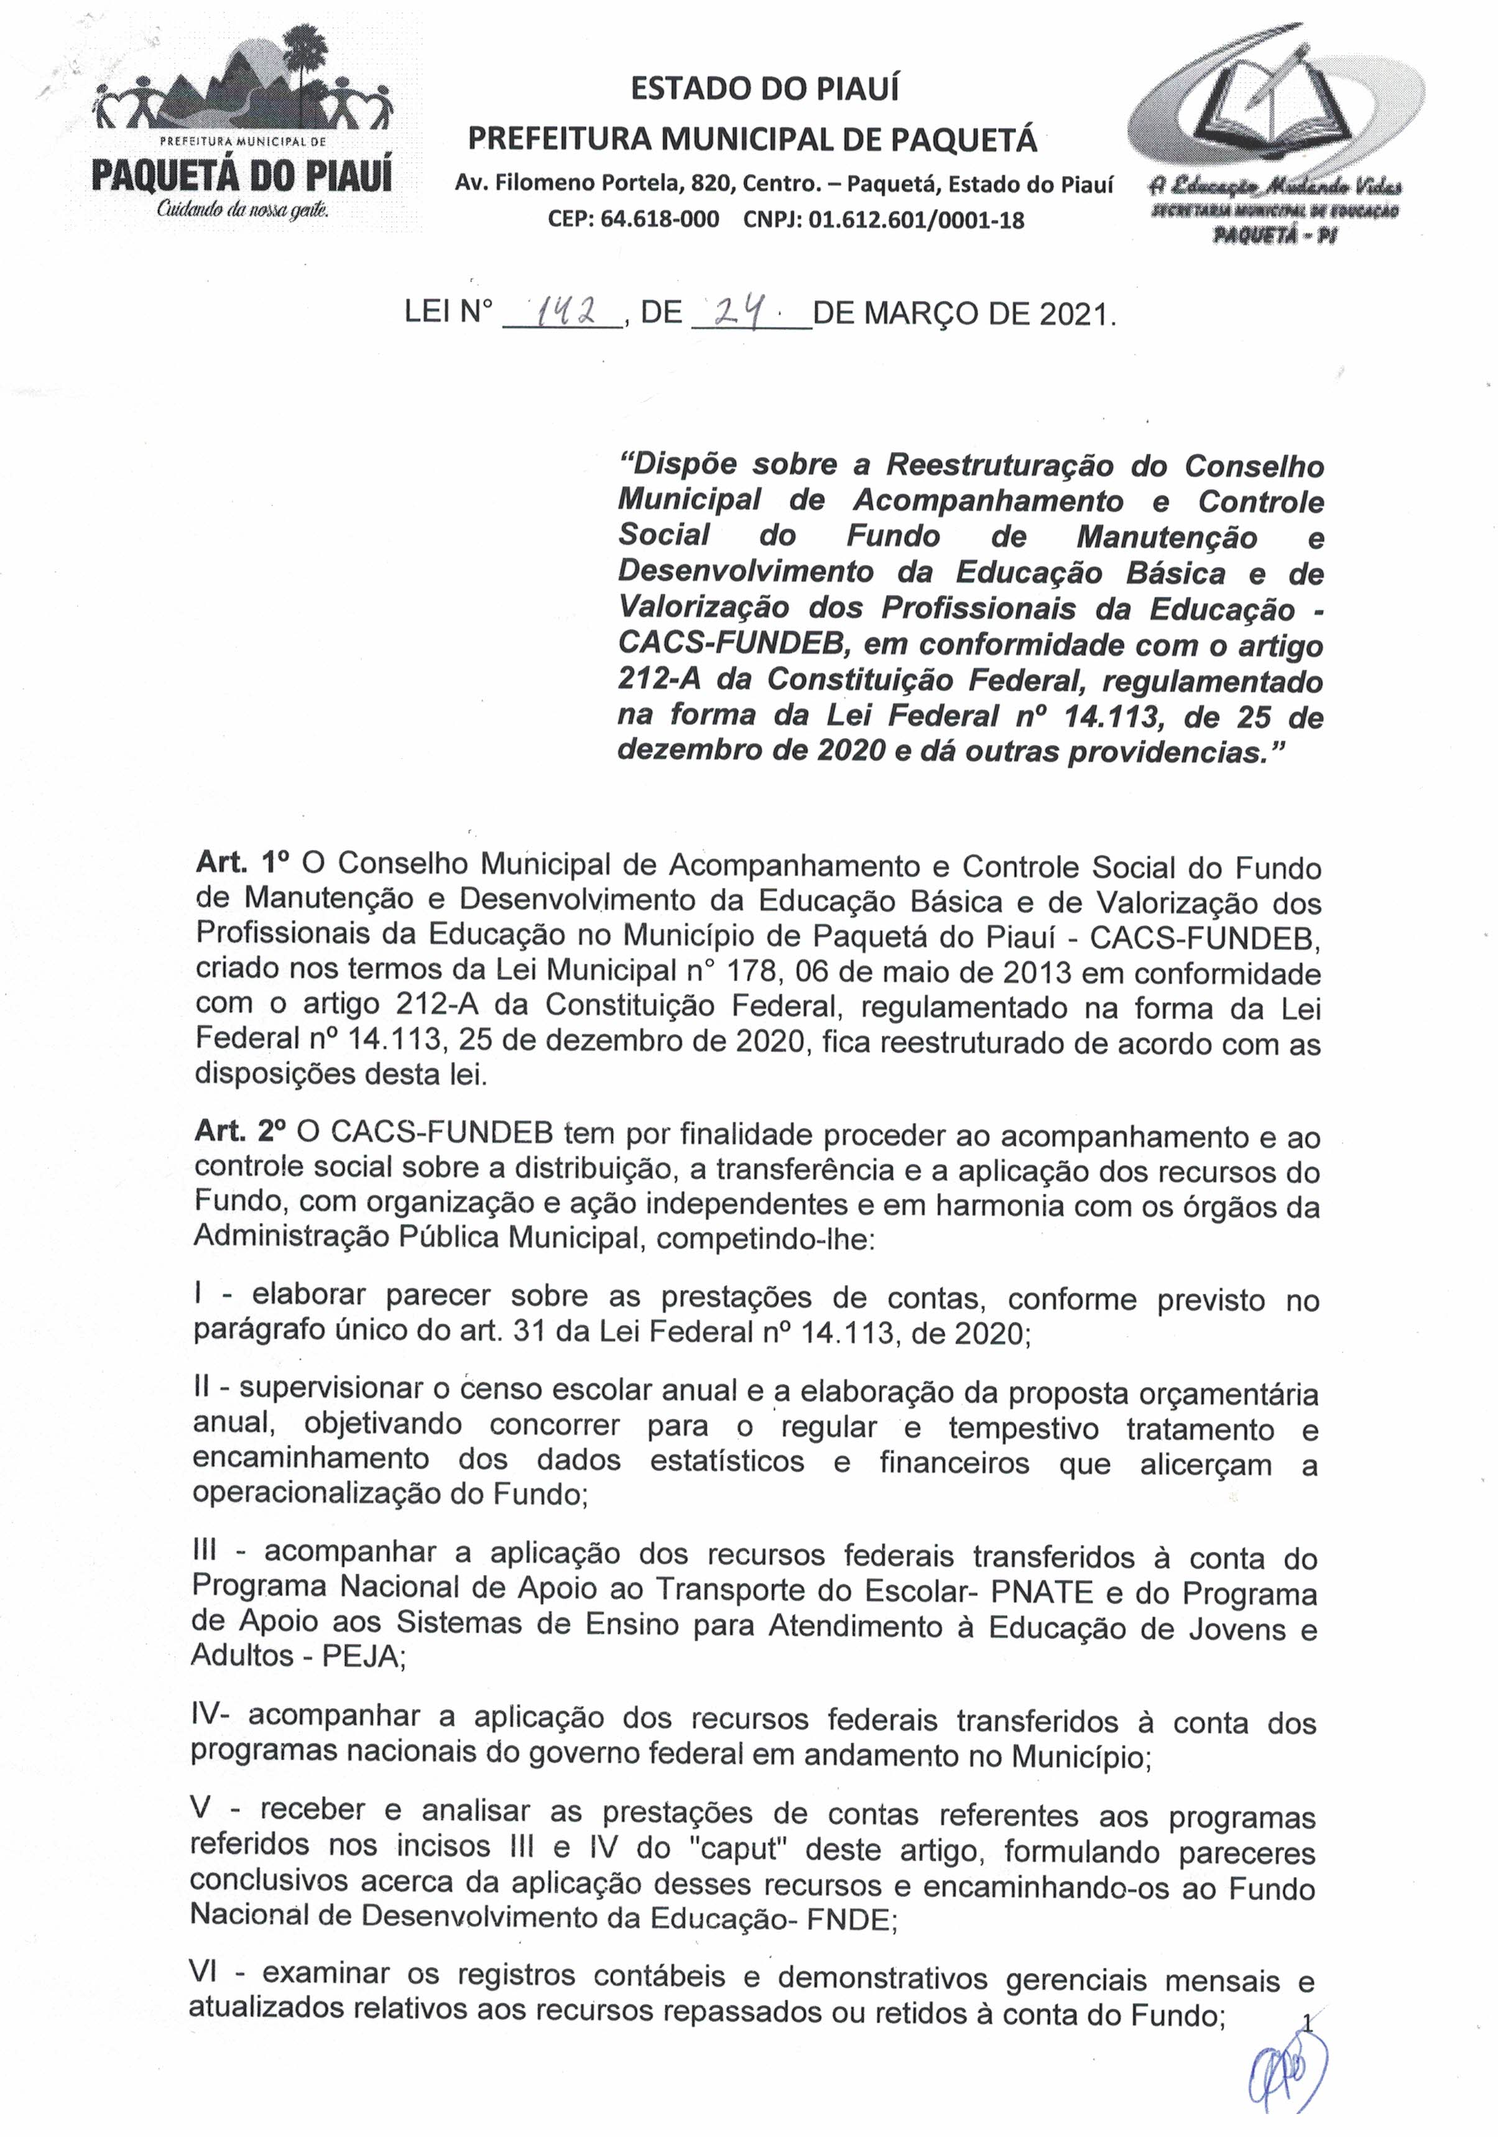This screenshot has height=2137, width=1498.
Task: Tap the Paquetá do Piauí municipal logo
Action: tap(242, 126)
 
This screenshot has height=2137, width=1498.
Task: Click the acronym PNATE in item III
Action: tap(1041, 1592)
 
